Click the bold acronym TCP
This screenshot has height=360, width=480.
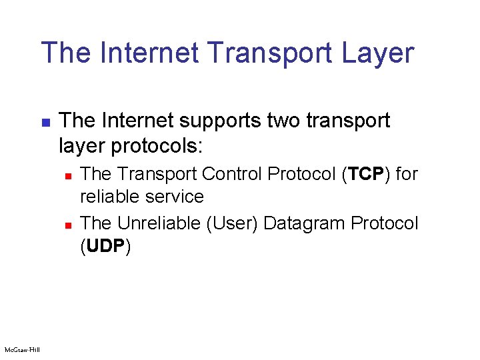pos(366,174)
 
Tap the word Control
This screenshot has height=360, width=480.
pos(232,174)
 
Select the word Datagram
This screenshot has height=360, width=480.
pos(303,223)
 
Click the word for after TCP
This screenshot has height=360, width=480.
pos(405,174)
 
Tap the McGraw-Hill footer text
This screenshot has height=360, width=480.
pos(22,349)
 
